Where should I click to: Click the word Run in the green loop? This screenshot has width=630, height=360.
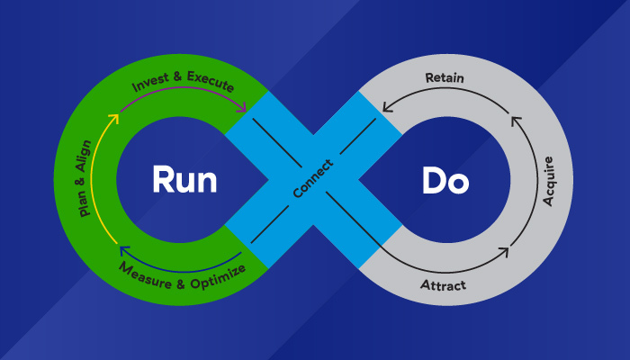[x=184, y=180]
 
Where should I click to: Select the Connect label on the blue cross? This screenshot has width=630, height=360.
[x=312, y=180]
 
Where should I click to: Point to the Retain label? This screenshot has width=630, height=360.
[x=444, y=77]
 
